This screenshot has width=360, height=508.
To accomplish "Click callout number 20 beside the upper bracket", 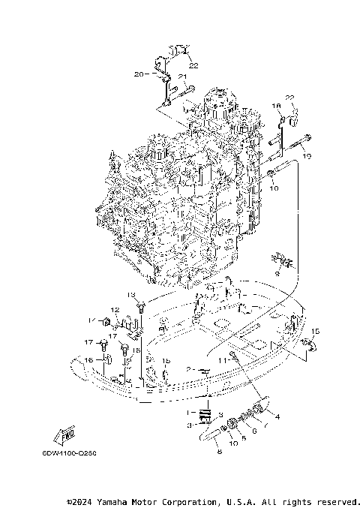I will click(x=139, y=74).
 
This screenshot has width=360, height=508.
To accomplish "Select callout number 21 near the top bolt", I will click(x=182, y=77).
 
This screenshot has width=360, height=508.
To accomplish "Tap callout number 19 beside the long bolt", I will click(x=306, y=156).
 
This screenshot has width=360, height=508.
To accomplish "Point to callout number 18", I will click(x=275, y=105).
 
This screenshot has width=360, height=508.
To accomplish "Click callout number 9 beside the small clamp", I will click(x=276, y=275).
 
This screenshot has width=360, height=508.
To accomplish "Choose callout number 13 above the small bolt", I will click(x=130, y=294).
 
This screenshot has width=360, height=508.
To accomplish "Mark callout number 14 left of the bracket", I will click(x=91, y=320).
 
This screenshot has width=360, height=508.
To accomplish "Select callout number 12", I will click(x=116, y=310).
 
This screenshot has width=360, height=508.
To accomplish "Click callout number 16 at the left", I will click(x=88, y=361).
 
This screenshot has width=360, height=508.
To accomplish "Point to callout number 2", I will click(x=190, y=369).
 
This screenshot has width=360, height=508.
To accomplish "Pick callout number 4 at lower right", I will click(x=277, y=416).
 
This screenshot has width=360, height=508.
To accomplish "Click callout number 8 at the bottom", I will click(x=218, y=452).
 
